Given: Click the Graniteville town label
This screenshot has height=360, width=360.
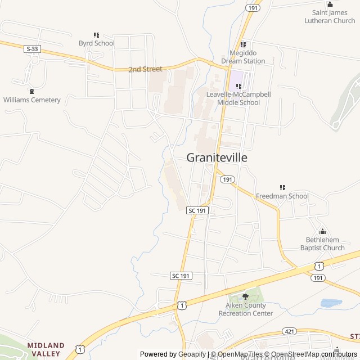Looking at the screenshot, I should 217,157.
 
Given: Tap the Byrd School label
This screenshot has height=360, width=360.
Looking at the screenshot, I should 96,43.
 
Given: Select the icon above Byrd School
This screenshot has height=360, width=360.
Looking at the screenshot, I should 96,35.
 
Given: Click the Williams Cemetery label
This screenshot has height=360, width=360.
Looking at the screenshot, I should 31,100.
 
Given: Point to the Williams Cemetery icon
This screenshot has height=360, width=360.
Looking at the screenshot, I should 31,91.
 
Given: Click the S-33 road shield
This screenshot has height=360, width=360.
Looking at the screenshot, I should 32,49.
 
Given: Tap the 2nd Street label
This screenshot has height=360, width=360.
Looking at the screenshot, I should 145,69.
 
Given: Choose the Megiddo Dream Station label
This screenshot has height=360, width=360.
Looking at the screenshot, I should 244,57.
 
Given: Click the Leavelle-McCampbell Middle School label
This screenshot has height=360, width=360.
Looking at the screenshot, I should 238,98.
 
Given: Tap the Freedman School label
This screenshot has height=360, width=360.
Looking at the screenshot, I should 282,196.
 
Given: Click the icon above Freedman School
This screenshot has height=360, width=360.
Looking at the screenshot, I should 282,187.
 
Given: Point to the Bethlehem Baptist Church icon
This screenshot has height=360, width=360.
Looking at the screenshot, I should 322,231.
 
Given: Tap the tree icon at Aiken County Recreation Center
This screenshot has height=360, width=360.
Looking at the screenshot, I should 245,296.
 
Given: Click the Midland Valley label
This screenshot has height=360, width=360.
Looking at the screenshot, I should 46,349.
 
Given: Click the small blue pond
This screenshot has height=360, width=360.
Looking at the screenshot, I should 331,303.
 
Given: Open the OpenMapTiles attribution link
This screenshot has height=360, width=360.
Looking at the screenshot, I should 235,354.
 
